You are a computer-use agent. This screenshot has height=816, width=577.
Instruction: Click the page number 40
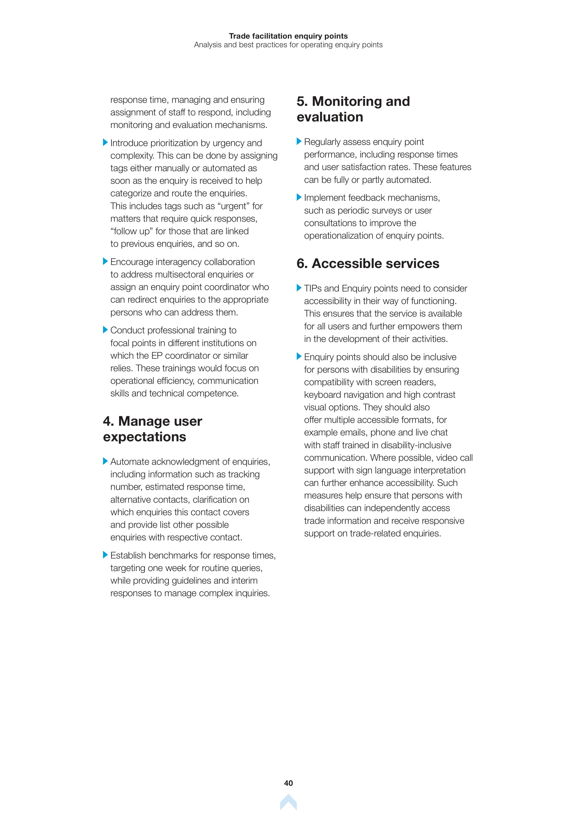coord(288,783)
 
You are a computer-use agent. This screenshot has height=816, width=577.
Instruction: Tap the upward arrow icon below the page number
coord(288,802)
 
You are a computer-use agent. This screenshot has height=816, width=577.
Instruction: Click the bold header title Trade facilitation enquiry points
coord(288,36)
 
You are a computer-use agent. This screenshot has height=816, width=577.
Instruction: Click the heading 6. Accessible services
coord(368,263)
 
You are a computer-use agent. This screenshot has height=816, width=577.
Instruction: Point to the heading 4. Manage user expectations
coord(152,429)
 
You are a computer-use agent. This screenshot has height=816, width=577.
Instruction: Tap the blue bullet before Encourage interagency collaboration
coord(105,261)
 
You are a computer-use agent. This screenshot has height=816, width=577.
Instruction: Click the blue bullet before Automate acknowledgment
coord(105,461)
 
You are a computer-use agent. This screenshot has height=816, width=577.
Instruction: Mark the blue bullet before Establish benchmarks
coord(105,555)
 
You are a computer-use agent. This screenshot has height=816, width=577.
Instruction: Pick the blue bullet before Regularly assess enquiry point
coord(299,141)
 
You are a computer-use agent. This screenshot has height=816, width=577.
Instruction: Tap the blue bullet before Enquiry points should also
coord(299,356)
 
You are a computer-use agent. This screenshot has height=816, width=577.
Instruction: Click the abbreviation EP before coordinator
coord(157,356)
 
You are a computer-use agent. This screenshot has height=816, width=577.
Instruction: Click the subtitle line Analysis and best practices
coord(288,45)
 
